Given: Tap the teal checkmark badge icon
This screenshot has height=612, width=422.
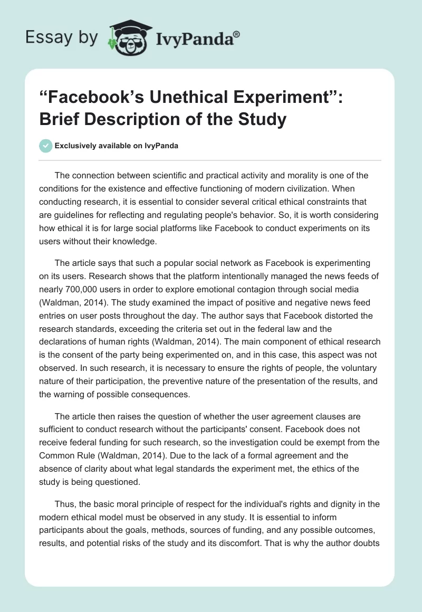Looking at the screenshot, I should point(46,146).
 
